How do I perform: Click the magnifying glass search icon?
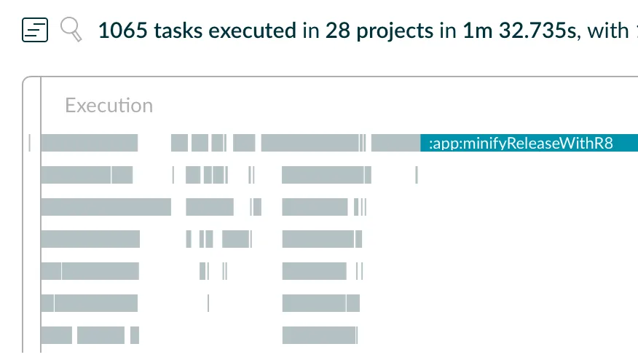[x=70, y=29]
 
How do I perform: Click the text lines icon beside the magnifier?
[x=36, y=30]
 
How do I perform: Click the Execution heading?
[x=109, y=106]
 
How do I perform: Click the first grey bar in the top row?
[x=89, y=143]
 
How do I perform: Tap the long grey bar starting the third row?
[x=106, y=207]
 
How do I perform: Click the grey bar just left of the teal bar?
[x=395, y=143]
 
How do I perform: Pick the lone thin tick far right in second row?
[x=417, y=175]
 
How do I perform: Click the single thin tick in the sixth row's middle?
[x=208, y=302]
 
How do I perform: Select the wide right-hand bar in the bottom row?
[x=320, y=335]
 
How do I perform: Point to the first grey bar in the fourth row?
[x=90, y=239]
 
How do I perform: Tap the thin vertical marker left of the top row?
[x=30, y=143]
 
